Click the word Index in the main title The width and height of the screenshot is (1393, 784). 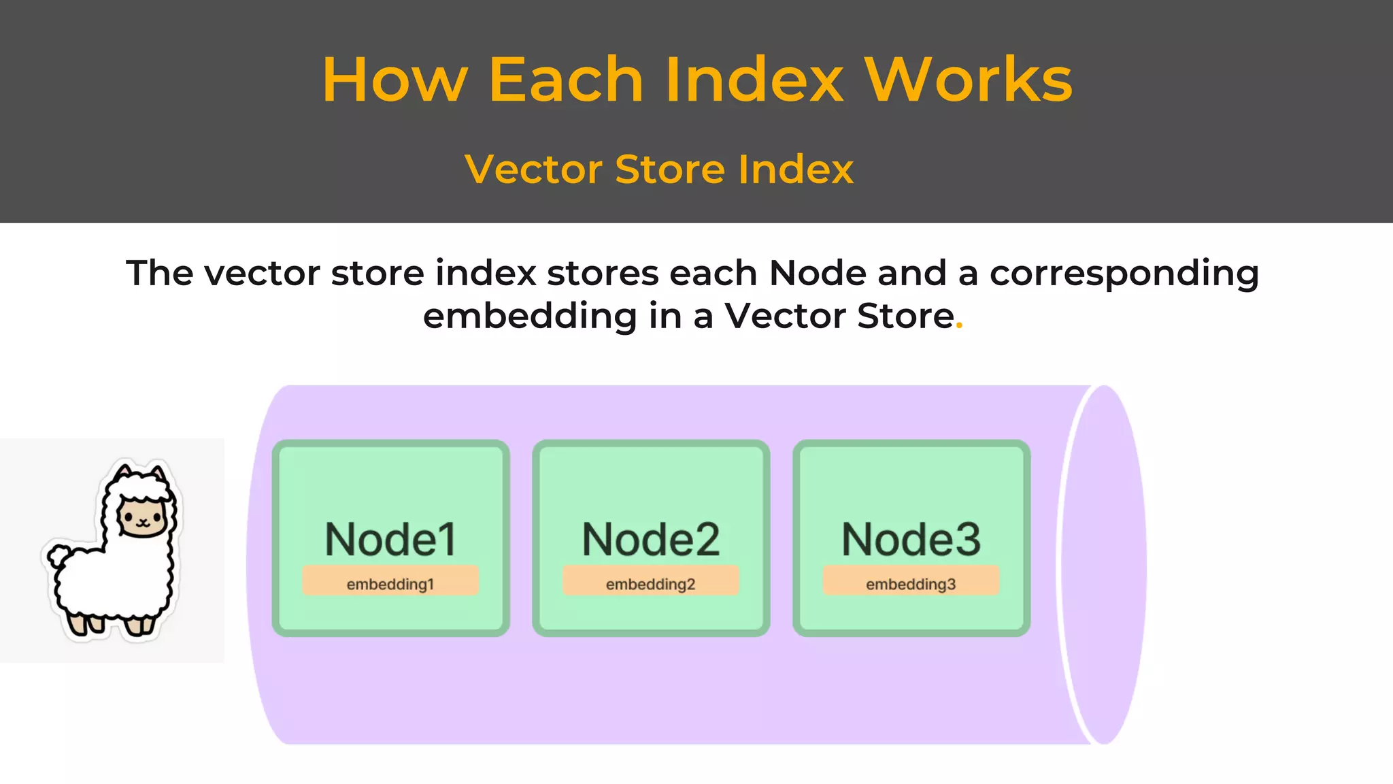pos(754,80)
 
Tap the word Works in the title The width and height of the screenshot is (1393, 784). pos(969,80)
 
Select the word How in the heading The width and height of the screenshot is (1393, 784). pos(395,80)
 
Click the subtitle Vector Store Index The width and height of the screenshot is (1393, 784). pos(658,169)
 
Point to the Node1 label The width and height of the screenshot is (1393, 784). pos(390,539)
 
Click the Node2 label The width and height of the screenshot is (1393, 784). pos(651,539)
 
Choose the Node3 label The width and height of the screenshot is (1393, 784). pos(911,539)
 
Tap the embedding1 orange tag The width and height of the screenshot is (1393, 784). pos(390,583)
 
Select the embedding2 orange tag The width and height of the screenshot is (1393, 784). pos(651,583)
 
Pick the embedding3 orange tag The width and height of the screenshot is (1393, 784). pos(911,583)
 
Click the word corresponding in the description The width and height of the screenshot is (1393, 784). pos(1124,274)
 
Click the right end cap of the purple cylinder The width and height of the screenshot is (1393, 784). pos(1103,565)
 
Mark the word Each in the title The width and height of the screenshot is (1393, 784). pos(566,80)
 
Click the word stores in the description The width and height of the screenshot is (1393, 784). pos(603,274)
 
